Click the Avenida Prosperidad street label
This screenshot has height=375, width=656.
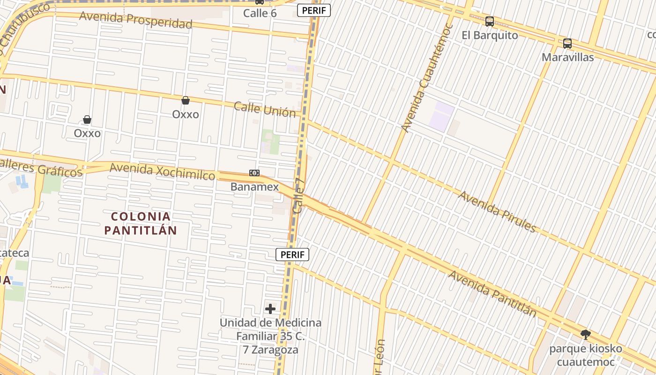coord(135,20)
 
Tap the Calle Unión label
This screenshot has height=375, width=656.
coord(265,109)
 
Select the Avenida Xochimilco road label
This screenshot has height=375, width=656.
coord(162,171)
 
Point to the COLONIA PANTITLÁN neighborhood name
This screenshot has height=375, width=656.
coord(141,223)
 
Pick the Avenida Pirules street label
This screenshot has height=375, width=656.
coord(497,211)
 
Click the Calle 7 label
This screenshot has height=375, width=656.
coord(299,196)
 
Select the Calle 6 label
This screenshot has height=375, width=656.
coord(260,13)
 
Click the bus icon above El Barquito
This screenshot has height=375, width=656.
coord(490,21)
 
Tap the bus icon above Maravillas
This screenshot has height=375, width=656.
coord(567,44)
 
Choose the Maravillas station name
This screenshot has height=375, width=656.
coord(567,57)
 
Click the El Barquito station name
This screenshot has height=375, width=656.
coord(490,35)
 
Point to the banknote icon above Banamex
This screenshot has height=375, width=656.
coord(254,173)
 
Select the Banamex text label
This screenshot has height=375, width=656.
coord(254,187)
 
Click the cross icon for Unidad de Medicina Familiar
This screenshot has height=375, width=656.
coord(270,309)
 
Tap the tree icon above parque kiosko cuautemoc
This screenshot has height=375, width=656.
coord(585,335)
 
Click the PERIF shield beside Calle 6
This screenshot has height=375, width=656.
coord(314,10)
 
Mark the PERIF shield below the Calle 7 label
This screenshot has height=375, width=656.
coord(292,255)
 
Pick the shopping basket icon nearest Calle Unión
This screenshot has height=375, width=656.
coord(186,100)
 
